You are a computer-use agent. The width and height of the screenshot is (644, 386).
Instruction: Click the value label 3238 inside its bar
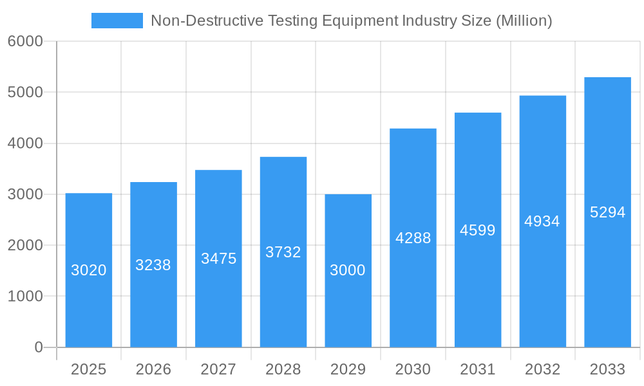(x=153, y=265)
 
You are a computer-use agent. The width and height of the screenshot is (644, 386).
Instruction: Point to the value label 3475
(x=218, y=259)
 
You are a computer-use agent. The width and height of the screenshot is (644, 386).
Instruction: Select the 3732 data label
(x=283, y=252)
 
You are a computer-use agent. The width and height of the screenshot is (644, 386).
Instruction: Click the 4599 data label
(x=477, y=230)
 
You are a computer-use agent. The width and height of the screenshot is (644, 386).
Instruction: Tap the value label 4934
(x=542, y=221)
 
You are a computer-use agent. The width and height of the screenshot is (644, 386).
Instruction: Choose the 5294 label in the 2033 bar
(x=607, y=212)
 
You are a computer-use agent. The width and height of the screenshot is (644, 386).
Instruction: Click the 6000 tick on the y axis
(x=25, y=42)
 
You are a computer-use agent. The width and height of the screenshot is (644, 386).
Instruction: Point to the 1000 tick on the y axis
(x=25, y=297)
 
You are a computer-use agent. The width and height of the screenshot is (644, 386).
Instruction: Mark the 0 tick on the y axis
(x=38, y=347)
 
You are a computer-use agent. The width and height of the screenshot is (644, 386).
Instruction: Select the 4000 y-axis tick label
(x=25, y=143)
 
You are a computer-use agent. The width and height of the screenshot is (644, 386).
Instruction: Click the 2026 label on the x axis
(x=153, y=369)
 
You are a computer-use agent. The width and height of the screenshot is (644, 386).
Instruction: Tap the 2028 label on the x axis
(x=283, y=369)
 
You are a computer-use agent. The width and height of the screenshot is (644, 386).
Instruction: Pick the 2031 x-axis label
(x=477, y=369)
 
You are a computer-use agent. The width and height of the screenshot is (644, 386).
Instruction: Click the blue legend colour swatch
(x=117, y=21)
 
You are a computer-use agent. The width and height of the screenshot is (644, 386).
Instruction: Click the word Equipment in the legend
(x=360, y=21)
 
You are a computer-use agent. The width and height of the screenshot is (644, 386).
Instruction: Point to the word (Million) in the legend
(x=524, y=21)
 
